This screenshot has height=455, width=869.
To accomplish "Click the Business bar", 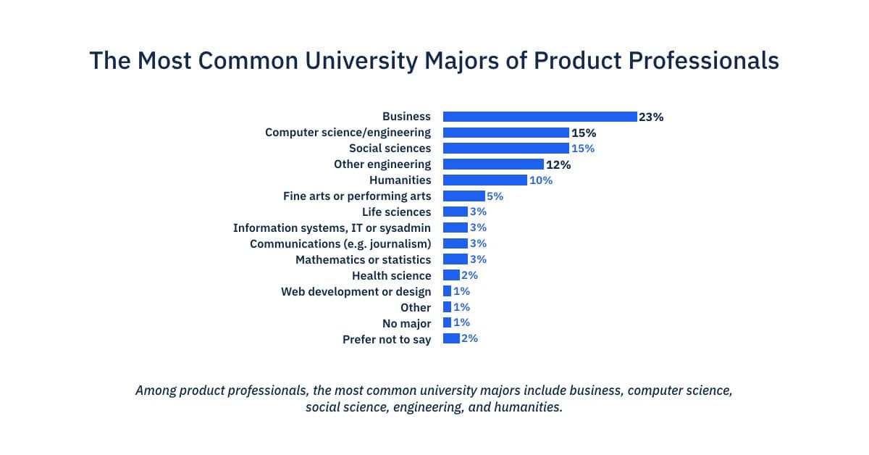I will pos(540,117).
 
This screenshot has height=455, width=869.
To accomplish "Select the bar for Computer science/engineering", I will pos(505,133).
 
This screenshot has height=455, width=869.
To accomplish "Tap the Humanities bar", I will pos(484,180).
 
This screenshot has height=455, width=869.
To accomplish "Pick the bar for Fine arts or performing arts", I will pos(463,196).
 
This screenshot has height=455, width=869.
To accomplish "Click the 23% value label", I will pos(651,117).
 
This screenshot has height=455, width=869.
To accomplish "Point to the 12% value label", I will pos(558,164).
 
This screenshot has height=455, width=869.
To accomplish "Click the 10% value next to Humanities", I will pos(541,180).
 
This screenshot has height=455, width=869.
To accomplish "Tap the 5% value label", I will pos(495,196).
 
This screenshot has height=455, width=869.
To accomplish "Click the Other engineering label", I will pos(382,164).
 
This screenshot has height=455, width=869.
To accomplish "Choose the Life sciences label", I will pos(396,212).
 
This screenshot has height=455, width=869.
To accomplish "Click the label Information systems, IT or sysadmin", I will pos(332,228).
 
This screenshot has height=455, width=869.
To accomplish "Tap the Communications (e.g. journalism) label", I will pos(340,244).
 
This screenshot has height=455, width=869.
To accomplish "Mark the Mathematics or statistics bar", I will pos(455,259).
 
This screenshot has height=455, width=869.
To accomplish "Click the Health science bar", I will pos(451,275).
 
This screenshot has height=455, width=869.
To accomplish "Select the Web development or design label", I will pos(356,292).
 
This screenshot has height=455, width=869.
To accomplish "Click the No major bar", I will pos(447,323).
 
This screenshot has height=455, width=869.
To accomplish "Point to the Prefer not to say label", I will pos(387,340).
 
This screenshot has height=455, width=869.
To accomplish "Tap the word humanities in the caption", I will pos(527,407).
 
